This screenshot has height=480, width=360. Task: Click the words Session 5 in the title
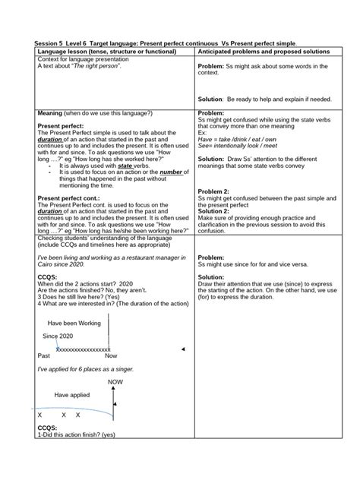(52, 43)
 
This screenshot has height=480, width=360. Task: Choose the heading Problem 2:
(215, 190)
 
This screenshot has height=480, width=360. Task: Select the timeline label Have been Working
(74, 323)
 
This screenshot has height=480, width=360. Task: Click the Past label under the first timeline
(43, 355)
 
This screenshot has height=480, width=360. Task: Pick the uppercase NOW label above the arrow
(115, 382)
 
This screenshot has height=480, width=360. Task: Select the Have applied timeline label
(71, 395)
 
